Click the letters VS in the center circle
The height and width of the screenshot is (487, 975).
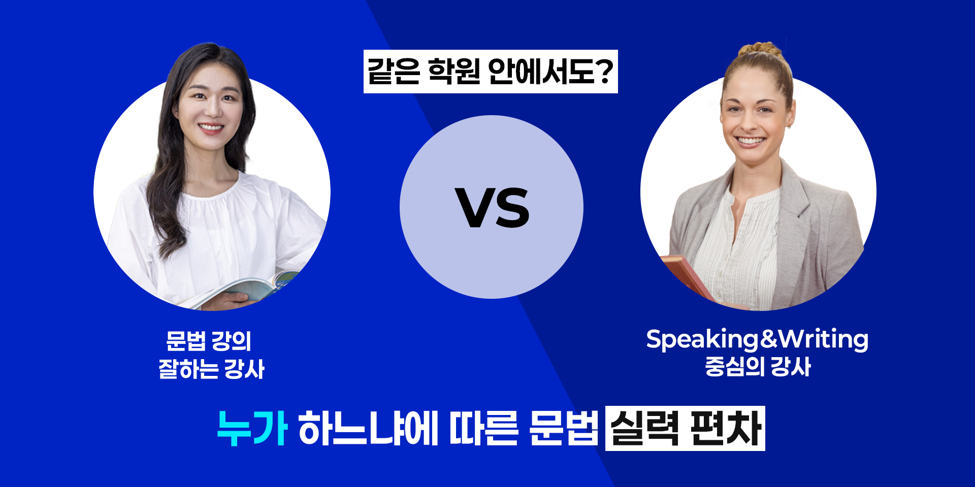pyautogui.click(x=492, y=207)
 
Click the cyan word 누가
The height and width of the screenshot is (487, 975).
pyautogui.click(x=252, y=428)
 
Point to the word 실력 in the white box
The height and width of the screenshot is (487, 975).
pyautogui.click(x=645, y=428)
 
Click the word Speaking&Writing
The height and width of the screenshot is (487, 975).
pyautogui.click(x=757, y=339)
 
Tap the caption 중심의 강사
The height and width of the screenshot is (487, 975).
pyautogui.click(x=758, y=367)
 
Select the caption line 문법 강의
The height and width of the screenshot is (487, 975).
pyautogui.click(x=209, y=341)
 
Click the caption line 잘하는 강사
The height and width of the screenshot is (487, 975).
pyautogui.click(x=211, y=369)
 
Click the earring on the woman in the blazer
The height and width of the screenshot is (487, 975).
pyautogui.click(x=789, y=125)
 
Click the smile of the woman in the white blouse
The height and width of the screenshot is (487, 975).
pyautogui.click(x=211, y=127)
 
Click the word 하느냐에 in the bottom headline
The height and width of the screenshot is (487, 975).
pyautogui.click(x=368, y=428)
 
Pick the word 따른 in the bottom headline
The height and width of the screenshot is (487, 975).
pyautogui.click(x=484, y=428)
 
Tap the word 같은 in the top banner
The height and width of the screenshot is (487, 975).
pyautogui.click(x=394, y=71)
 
